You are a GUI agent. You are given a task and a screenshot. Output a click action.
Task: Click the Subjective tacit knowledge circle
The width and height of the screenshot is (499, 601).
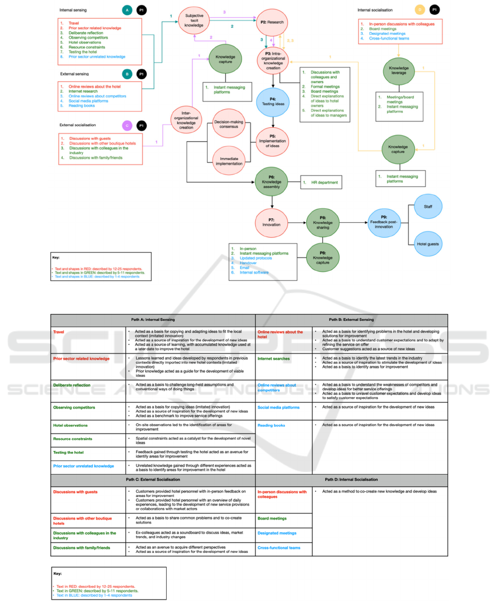point(194,21)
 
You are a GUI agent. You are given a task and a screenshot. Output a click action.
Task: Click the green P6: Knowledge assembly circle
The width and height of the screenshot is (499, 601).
point(271,181)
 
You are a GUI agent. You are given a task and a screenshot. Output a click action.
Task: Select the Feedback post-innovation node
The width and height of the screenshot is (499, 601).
point(384,223)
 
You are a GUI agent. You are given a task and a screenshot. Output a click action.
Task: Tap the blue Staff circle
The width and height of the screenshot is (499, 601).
point(428,207)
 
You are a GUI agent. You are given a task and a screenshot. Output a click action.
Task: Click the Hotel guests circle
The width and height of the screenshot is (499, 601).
point(428,244)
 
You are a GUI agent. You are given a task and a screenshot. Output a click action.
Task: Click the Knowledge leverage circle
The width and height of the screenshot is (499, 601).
point(399,71)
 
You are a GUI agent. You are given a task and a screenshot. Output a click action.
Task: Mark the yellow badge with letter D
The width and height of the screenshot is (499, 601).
point(420,10)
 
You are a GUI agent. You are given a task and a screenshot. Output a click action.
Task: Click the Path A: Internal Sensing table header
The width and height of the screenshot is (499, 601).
point(153,320)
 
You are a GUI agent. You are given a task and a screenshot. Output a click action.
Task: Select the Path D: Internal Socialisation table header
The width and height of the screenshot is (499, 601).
point(351,479)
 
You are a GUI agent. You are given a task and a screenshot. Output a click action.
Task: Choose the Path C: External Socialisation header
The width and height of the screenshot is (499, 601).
point(153,479)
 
